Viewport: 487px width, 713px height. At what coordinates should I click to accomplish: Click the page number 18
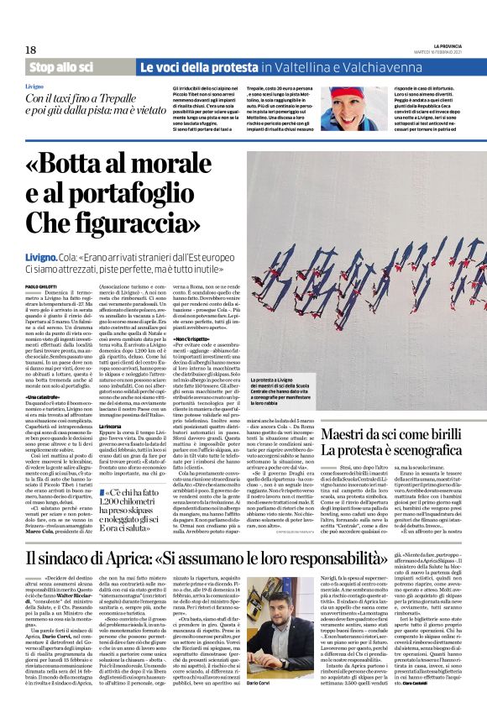pyautogui.click(x=31, y=50)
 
